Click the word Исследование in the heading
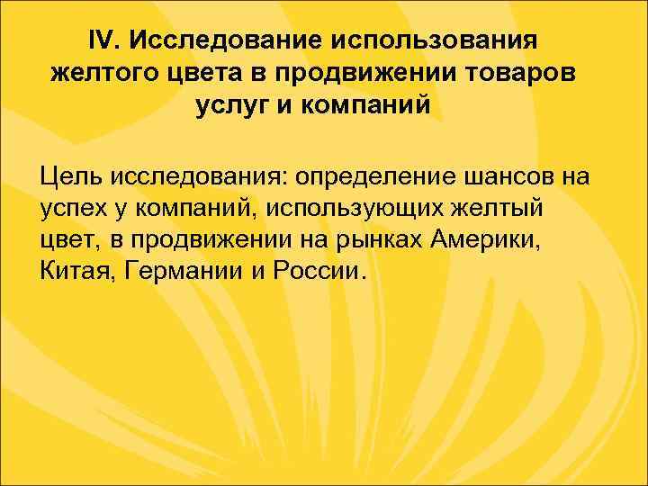(x=227, y=40)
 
